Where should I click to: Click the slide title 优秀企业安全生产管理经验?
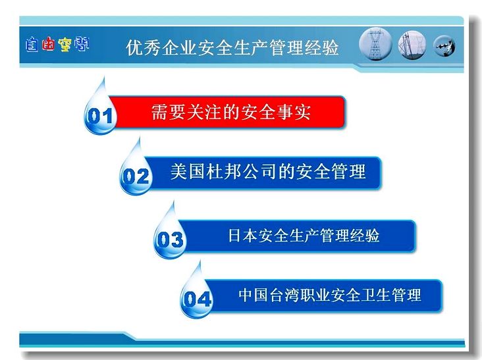(232, 47)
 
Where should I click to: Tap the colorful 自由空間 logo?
(57, 45)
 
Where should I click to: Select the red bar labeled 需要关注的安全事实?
(227, 112)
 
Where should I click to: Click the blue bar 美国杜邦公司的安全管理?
(264, 172)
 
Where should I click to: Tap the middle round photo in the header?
(412, 45)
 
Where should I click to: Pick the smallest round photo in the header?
(444, 46)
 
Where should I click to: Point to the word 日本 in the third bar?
(242, 236)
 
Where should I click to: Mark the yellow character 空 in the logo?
(65, 45)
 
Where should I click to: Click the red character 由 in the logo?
(49, 44)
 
